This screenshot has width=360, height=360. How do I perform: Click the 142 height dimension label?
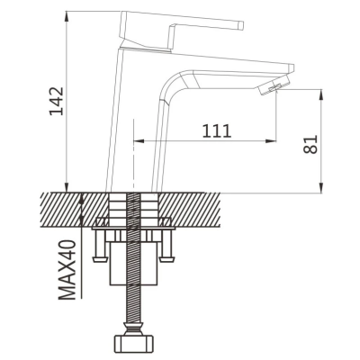[x=57, y=101]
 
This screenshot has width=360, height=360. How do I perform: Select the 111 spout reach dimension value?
[x=217, y=131]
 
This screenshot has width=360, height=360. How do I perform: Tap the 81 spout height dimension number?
[x=310, y=144]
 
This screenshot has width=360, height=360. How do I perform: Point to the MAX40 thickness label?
[x=67, y=270]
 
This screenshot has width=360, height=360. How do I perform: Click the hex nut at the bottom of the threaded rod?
[x=134, y=342]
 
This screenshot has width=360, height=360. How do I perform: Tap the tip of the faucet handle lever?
[x=241, y=25]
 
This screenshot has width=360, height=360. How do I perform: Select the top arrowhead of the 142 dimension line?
[x=67, y=16]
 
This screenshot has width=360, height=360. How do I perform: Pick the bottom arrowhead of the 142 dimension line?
[x=67, y=187]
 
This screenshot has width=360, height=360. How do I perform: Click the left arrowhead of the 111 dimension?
[x=138, y=140]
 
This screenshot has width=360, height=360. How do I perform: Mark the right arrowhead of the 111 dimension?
[x=271, y=140]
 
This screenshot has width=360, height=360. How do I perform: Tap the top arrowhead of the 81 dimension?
[x=321, y=94]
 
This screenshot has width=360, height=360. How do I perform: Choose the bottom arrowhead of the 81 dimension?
[x=321, y=188]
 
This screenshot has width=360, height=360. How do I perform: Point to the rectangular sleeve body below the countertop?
[x=134, y=264]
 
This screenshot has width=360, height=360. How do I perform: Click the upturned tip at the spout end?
[x=291, y=68]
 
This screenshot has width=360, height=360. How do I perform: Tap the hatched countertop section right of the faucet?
[x=190, y=210]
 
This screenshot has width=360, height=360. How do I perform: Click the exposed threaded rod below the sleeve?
[x=134, y=303]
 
